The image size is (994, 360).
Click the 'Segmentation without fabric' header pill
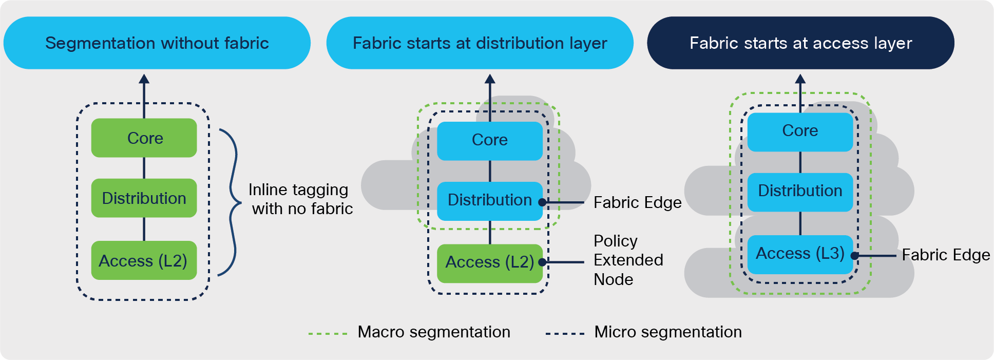click(157, 43)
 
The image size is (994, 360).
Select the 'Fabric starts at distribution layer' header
click(480, 43)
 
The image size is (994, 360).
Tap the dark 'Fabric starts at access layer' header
click(800, 43)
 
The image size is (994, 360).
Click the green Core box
click(144, 138)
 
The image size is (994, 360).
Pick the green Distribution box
click(144, 198)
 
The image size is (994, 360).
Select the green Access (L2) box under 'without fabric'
click(144, 261)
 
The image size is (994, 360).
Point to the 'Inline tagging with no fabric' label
click(300, 199)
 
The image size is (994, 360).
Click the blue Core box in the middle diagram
click(490, 140)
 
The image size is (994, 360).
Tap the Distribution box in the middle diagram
click(490, 200)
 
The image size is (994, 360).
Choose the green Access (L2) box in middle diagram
click(490, 262)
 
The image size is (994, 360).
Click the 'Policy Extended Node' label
click(628, 260)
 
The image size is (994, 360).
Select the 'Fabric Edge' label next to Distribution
click(637, 203)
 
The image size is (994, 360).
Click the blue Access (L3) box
click(800, 254)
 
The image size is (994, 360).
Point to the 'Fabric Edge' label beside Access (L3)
click(946, 255)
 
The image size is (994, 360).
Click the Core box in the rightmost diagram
click(800, 131)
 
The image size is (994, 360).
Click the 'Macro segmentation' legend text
click(434, 332)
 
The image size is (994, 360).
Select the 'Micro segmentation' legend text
click(667, 332)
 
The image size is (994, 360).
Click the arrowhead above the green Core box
click(144, 79)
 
